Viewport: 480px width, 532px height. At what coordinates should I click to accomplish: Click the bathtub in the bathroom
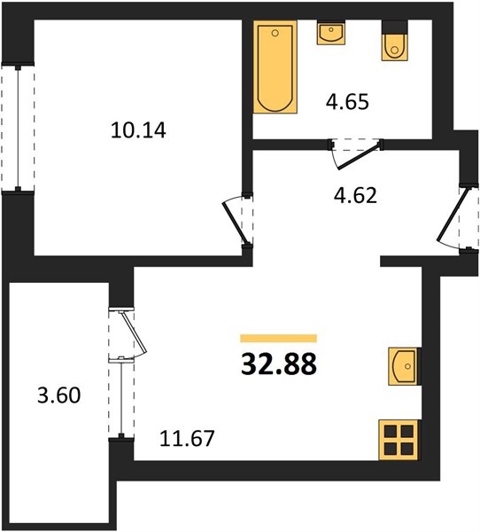pos(275,66)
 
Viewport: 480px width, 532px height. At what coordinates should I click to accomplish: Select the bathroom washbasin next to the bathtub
pos(331,33)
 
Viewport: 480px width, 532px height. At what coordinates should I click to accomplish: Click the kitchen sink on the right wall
pos(405,366)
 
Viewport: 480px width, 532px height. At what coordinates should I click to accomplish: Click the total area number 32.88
pos(279,364)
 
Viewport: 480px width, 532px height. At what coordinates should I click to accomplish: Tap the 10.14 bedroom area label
pos(138,130)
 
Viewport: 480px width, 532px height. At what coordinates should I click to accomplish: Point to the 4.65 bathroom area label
pos(347,102)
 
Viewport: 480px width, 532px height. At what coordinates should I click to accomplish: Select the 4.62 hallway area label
pos(355,195)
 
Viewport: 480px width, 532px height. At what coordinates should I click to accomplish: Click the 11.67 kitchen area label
pos(187,438)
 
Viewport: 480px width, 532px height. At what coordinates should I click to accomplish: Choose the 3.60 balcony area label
pos(59,395)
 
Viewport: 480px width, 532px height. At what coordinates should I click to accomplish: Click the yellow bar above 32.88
pos(279,339)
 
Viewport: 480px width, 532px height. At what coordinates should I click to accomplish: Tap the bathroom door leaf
pos(358,156)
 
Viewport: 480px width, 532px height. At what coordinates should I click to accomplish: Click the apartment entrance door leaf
pos(453,215)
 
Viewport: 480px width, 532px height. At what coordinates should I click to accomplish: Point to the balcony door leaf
pos(133,332)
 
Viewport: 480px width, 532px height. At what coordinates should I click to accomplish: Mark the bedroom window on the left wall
pos(18,128)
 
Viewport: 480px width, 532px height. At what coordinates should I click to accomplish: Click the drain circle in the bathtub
pos(275,33)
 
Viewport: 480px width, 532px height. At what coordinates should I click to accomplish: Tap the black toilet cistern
pos(395,27)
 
